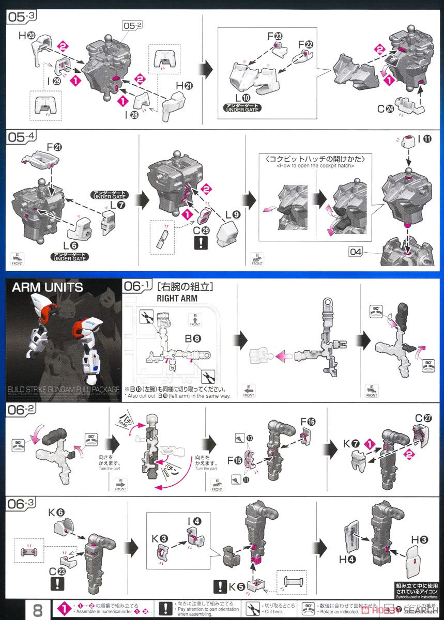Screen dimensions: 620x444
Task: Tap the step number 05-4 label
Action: (x=21, y=138)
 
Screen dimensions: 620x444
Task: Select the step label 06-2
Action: (x=21, y=411)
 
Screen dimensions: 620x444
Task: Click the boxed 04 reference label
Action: (x=356, y=252)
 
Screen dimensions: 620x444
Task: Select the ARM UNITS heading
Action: (x=47, y=287)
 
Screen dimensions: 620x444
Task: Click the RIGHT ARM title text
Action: (x=177, y=298)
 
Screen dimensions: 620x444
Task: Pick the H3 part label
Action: (x=419, y=540)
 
